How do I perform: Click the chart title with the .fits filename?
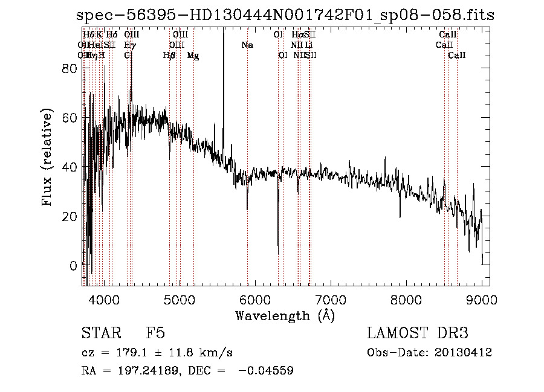click(285, 16)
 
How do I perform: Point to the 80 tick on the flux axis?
click(71, 69)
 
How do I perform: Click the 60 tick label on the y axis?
click(71, 118)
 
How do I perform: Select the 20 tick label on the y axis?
click(71, 216)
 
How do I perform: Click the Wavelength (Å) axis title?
click(285, 315)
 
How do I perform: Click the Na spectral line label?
click(247, 45)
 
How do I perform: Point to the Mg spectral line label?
click(193, 56)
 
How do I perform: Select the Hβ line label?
click(169, 56)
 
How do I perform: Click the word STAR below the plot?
click(100, 333)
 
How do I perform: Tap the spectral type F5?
click(155, 333)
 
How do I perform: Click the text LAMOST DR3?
click(417, 333)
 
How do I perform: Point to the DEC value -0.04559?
click(266, 371)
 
